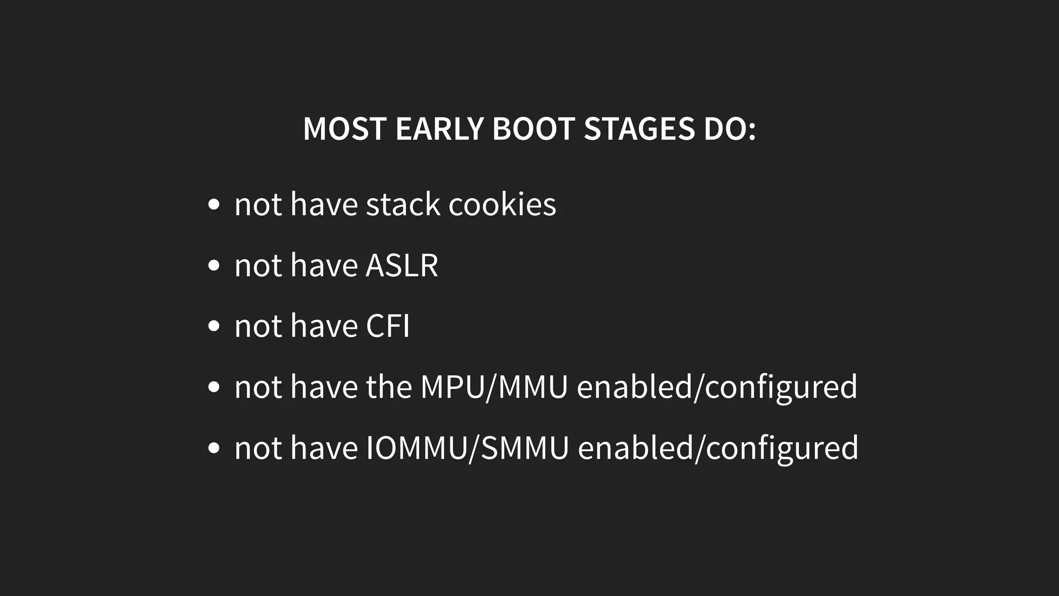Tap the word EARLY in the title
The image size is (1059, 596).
[439, 129]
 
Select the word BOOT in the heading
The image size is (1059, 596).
[533, 129]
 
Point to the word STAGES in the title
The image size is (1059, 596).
[639, 129]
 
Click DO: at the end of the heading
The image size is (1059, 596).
[729, 129]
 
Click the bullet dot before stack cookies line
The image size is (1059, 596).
[214, 204]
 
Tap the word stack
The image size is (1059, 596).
[403, 204]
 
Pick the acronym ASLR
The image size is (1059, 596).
[402, 265]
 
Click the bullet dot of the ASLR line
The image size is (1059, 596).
[214, 265]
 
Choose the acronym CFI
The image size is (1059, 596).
[387, 326]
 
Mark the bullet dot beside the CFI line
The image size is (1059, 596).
[214, 326]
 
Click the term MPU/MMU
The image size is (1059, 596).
[494, 387]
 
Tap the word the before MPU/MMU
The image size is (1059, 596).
[388, 387]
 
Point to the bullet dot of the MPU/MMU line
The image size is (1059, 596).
[214, 388]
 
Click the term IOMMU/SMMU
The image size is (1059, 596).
[467, 448]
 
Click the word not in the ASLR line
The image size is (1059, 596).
[258, 265]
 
